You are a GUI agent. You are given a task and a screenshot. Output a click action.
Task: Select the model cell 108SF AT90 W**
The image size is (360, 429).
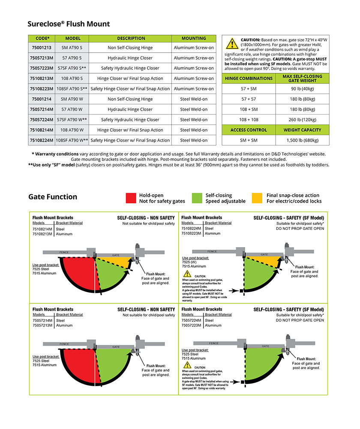click(x=72, y=140)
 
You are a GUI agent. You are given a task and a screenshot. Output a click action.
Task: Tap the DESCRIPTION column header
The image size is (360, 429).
click(x=131, y=38)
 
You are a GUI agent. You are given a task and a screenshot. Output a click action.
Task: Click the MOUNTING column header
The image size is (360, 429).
click(x=194, y=38)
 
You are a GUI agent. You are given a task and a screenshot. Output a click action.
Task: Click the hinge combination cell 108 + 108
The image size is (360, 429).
click(x=249, y=120)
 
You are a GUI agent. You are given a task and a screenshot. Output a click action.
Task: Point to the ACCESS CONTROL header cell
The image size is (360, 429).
click(x=249, y=130)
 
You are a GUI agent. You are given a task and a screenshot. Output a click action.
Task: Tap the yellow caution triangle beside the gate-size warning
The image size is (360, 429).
click(x=232, y=44)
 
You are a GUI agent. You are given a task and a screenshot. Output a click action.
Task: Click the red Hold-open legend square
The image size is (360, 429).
click(x=131, y=198)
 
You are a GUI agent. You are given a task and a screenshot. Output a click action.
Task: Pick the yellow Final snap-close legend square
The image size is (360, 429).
click(x=257, y=198)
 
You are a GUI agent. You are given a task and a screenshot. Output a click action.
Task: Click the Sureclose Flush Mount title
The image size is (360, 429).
click(x=69, y=24)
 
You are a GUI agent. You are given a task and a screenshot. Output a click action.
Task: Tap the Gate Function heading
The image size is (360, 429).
click(x=53, y=197)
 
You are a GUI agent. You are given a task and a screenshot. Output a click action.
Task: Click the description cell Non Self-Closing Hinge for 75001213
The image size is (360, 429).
click(x=131, y=48)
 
